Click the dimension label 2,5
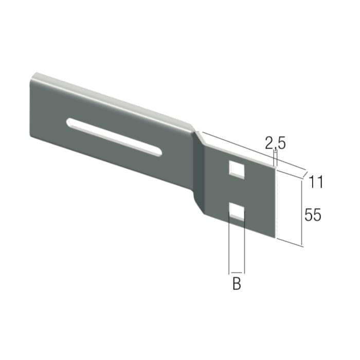coord(275,143)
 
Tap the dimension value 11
coord(315,182)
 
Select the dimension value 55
coord(313,215)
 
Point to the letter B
coord(237,283)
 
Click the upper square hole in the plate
coord(237,169)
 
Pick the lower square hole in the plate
coord(237,212)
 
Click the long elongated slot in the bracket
coord(114,137)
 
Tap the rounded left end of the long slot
coord(69,122)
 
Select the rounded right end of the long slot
coord(159,152)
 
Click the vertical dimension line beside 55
coord(301,213)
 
